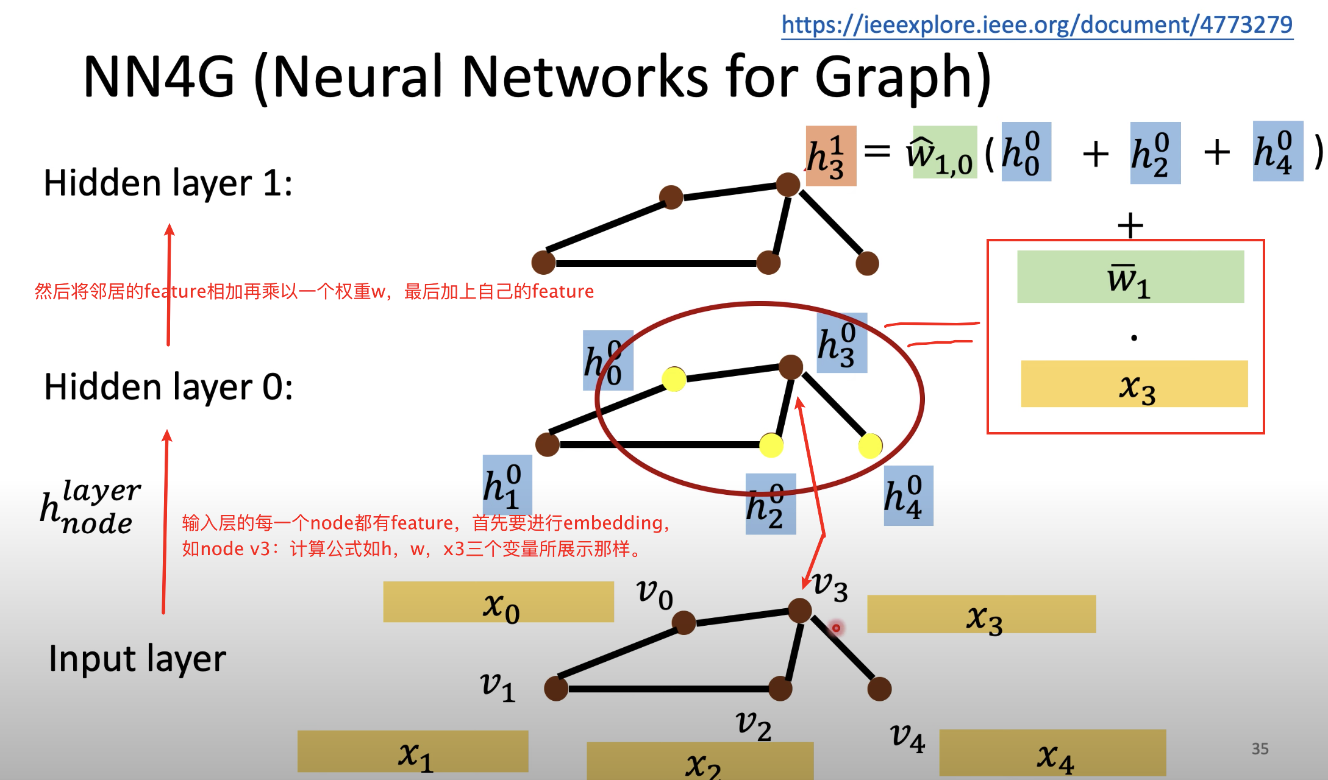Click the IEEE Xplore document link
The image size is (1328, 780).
pyautogui.click(x=1037, y=25)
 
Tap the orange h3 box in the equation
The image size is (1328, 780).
pyautogui.click(x=830, y=156)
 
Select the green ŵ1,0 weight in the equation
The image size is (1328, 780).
pyautogui.click(x=944, y=152)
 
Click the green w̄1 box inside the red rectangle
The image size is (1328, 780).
pyautogui.click(x=1130, y=277)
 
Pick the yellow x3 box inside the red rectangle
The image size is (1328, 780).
pyautogui.click(x=1134, y=384)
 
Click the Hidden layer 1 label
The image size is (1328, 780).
pyautogui.click(x=168, y=183)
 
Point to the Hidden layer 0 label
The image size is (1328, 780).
pyautogui.click(x=168, y=387)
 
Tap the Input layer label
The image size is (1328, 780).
pyautogui.click(x=137, y=658)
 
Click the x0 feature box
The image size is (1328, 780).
pyautogui.click(x=498, y=602)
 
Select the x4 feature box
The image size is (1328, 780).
pyautogui.click(x=1052, y=753)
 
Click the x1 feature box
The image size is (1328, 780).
pyautogui.click(x=413, y=752)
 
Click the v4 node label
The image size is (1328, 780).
pyautogui.click(x=907, y=737)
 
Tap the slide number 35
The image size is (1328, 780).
pyautogui.click(x=1260, y=748)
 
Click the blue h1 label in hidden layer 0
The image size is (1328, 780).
pyautogui.click(x=507, y=484)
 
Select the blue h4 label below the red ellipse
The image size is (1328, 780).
pyautogui.click(x=908, y=495)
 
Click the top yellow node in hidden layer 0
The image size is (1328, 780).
pyautogui.click(x=674, y=379)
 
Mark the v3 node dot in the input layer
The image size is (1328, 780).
pyautogui.click(x=799, y=610)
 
